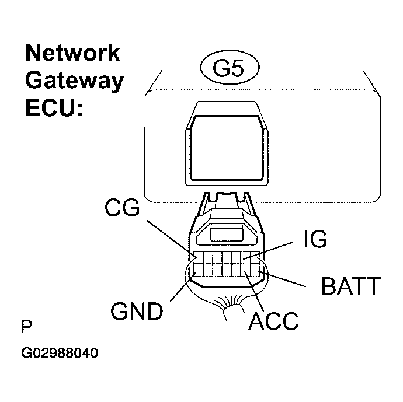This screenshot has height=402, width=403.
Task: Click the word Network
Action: (x=72, y=53)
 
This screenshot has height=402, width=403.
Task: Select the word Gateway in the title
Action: (x=74, y=81)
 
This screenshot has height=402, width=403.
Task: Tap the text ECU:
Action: (x=54, y=108)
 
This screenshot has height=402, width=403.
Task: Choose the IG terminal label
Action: (x=315, y=239)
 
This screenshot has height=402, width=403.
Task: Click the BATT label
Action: (x=350, y=286)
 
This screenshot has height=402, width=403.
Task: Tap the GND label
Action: (x=138, y=312)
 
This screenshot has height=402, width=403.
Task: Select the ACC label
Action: (x=273, y=321)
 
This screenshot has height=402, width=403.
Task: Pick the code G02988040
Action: (x=60, y=354)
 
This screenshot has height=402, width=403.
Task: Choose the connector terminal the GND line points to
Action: (x=197, y=270)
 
